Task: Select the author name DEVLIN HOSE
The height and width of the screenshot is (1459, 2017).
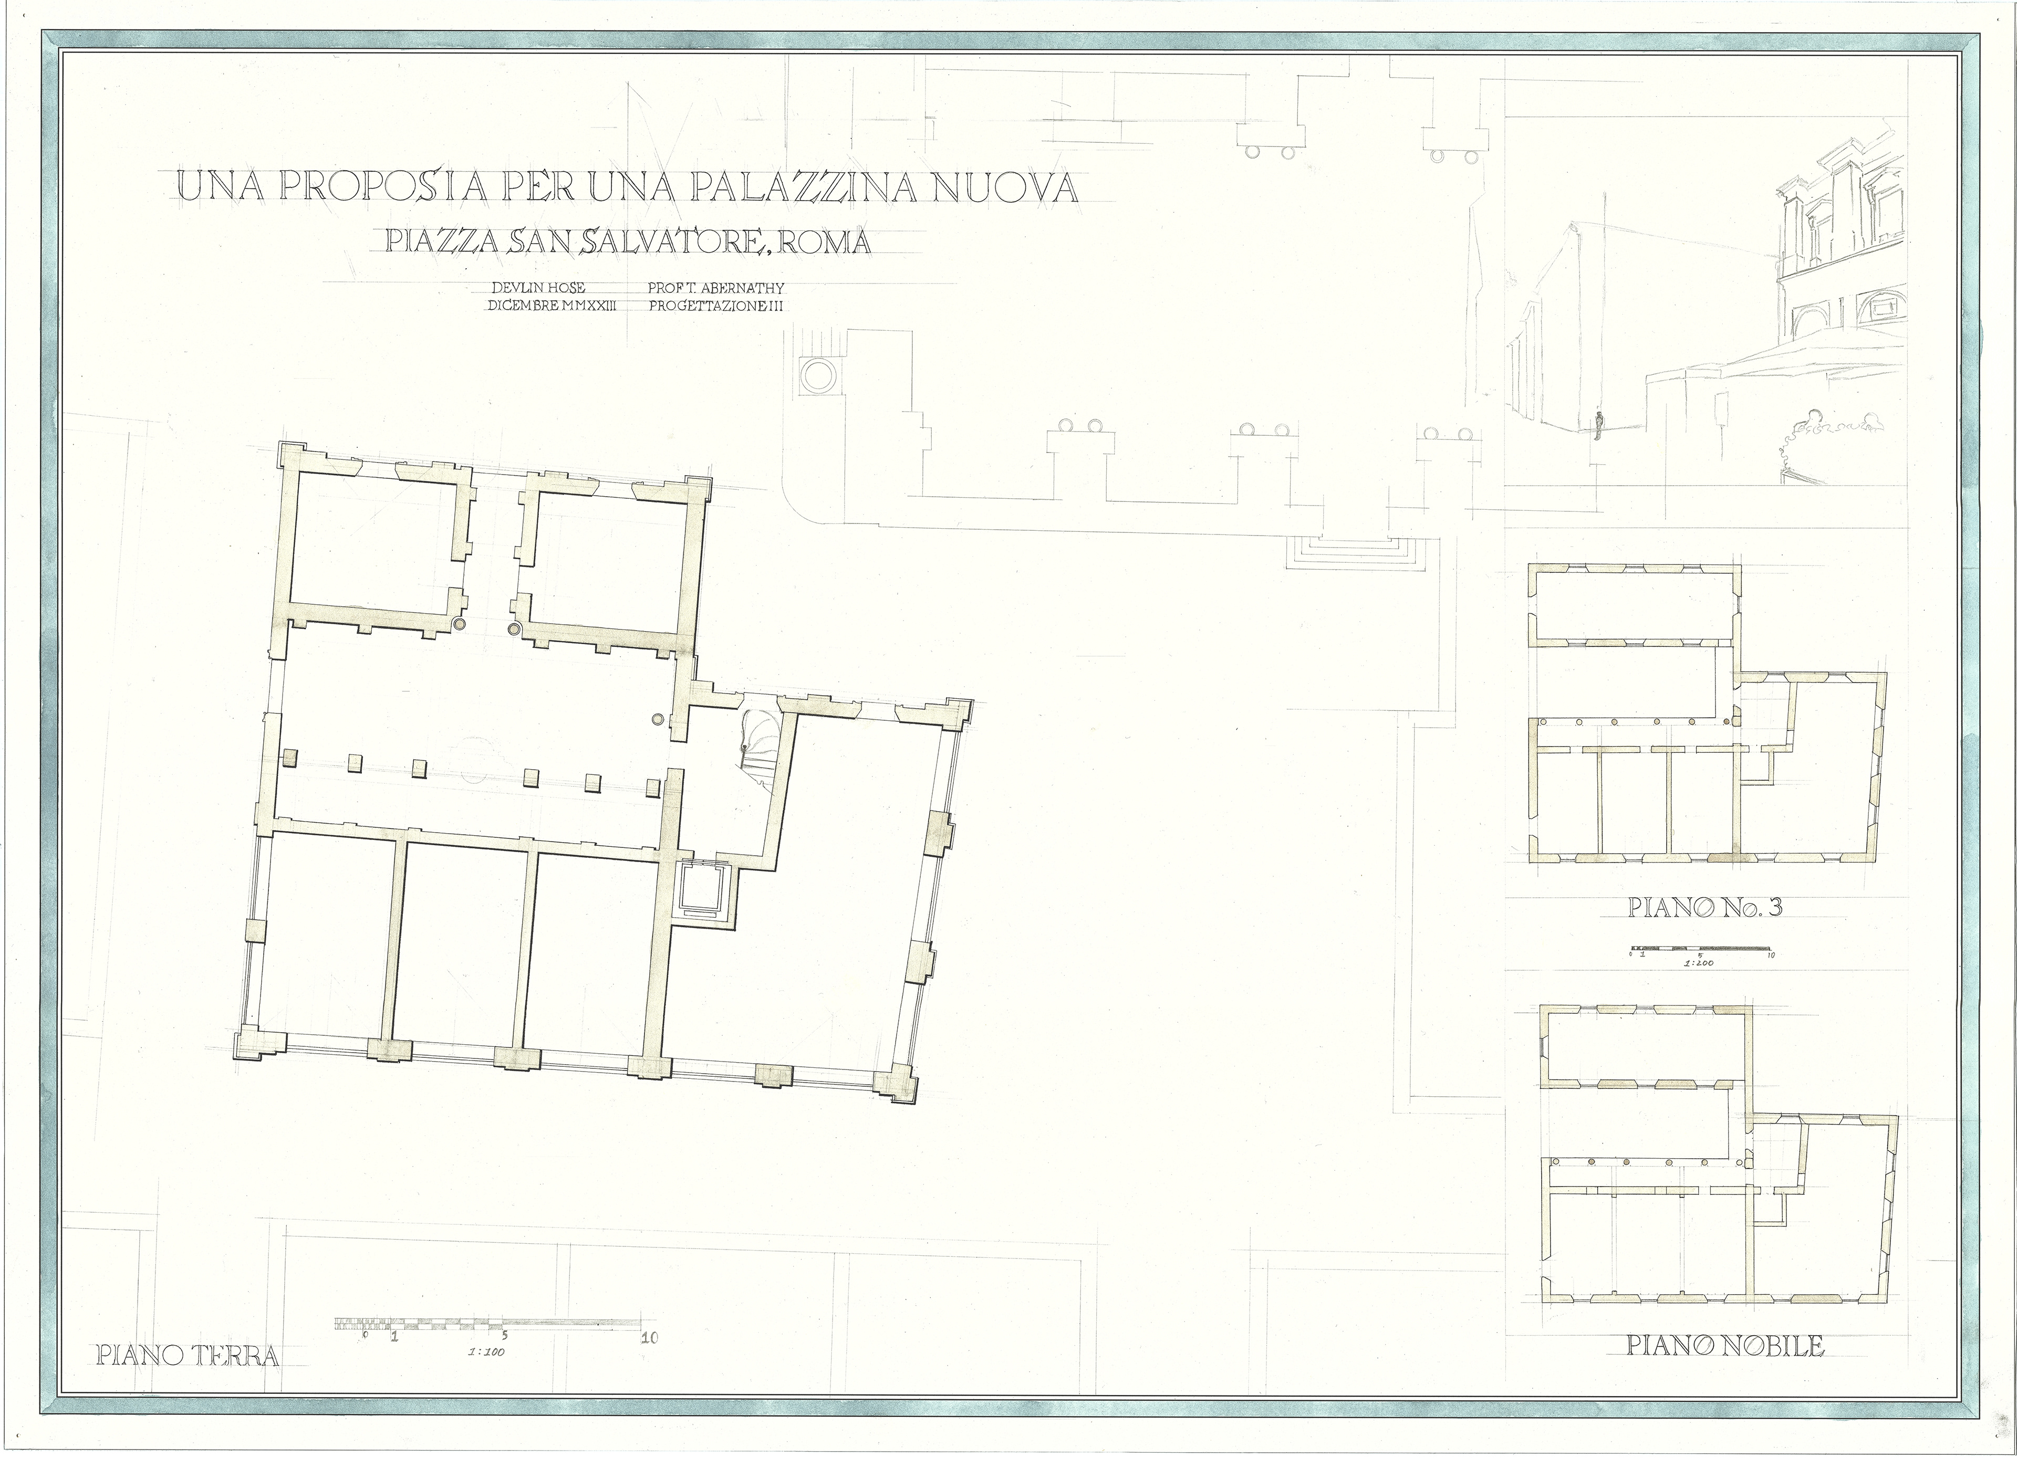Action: coord(538,288)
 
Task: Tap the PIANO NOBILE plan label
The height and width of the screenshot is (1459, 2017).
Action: coord(1725,1370)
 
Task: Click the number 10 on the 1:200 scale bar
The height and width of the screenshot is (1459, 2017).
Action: coord(1769,956)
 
